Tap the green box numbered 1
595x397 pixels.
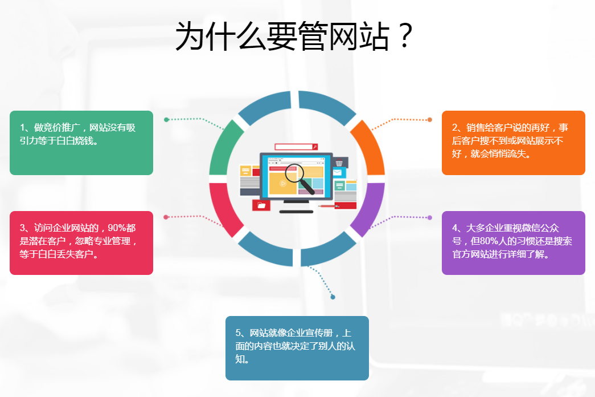[81, 143]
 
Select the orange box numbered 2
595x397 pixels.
[514, 143]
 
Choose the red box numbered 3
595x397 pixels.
[81, 242]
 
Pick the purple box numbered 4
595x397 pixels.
[514, 242]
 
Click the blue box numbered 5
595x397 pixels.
[297, 348]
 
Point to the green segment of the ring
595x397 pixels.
[223, 149]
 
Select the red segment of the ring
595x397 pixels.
[223, 208]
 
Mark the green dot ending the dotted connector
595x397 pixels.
[166, 120]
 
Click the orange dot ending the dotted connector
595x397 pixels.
[429, 120]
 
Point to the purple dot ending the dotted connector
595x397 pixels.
[429, 217]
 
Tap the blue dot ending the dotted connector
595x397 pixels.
[333, 297]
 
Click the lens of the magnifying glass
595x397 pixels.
[294, 173]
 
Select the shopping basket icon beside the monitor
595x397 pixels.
[339, 163]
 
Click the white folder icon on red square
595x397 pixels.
[261, 205]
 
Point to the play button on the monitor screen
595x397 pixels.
[283, 184]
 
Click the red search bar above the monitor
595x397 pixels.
[296, 147]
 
